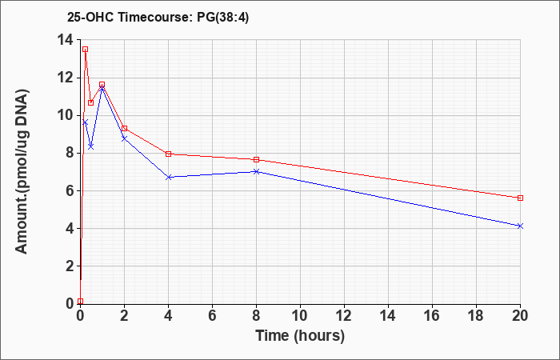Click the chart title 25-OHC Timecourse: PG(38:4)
158,18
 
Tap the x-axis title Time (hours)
300,336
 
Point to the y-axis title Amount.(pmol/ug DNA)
22,172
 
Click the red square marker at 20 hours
520,198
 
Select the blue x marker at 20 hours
520,226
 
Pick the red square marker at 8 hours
257,159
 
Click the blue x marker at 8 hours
257,171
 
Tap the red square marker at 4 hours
169,154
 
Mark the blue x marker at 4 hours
169,177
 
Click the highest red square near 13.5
86,50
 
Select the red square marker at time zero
80,302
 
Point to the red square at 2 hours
124,128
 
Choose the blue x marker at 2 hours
124,138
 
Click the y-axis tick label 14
66,40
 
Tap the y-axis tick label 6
70,191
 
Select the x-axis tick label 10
300,316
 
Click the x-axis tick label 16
432,316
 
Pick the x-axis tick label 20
520,316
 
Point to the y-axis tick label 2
70,266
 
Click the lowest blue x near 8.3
90,146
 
